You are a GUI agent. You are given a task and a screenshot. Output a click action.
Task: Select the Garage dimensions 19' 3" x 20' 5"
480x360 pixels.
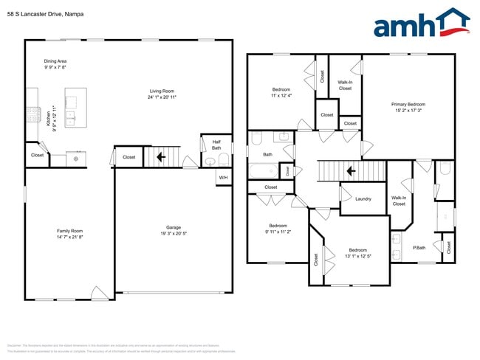pos(174,233)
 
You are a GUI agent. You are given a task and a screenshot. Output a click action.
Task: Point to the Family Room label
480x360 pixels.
pos(70,230)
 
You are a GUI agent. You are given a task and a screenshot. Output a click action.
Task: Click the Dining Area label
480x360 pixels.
pos(55,61)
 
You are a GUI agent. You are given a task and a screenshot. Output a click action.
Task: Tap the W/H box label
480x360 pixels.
pos(223,177)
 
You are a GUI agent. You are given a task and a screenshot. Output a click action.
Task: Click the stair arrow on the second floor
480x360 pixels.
pos(351,171)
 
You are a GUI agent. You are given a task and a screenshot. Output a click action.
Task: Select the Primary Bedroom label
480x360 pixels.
pos(408,105)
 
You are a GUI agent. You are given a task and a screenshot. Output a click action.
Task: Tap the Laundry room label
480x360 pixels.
pos(363,198)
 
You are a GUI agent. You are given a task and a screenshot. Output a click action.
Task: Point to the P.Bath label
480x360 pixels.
pos(419,247)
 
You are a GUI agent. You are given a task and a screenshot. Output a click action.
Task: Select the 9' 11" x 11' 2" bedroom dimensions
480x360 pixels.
pos(278,232)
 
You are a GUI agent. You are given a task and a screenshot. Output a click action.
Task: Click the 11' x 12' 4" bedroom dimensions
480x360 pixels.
pos(281,95)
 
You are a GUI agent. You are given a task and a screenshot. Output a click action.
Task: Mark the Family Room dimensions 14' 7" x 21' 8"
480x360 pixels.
pos(70,237)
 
